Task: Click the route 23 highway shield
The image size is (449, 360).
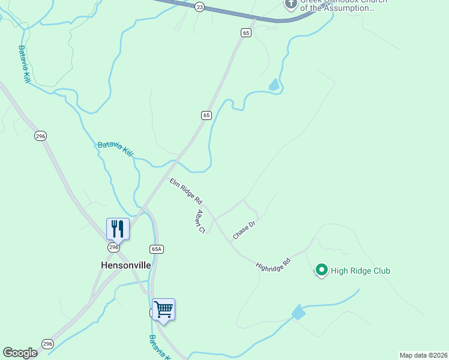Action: pos(200,7)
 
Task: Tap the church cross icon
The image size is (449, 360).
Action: pos(291,5)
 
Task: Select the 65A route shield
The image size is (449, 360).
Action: pos(156,248)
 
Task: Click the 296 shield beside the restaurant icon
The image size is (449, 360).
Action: pos(114,247)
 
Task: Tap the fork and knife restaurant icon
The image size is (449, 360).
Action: pos(117,229)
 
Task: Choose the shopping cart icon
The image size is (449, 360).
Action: pos(163,310)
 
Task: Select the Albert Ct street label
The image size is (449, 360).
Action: pos(200,221)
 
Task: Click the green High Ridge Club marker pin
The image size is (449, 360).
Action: pos(321,271)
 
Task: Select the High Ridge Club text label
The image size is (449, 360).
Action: pos(360,271)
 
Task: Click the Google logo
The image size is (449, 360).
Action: pos(20,353)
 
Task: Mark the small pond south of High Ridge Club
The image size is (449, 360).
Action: pos(298,313)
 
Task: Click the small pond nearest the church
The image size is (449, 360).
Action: pos(274,85)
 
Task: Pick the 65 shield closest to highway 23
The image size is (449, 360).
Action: pos(246,33)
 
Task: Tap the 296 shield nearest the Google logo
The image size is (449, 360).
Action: pos(47,344)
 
